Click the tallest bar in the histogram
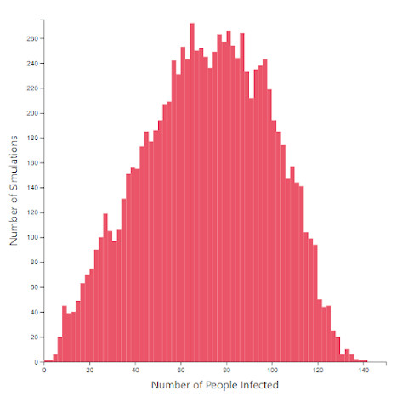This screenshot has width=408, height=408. point(192,192)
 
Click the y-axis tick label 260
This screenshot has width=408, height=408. point(32,38)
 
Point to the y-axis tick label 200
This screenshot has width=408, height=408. point(32,113)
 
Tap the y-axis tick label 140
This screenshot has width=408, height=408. point(32,188)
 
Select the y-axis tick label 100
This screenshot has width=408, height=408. point(32,237)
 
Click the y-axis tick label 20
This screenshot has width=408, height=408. point(34,337)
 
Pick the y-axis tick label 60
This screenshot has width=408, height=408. point(34,287)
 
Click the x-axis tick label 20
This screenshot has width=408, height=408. point(90,371)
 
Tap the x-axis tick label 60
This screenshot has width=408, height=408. point(181,371)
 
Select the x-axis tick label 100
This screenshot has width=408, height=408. point(272,371)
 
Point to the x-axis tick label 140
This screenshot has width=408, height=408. point(364,371)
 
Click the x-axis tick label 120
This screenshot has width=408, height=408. point(318,371)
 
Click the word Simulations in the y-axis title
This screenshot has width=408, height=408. point(14,163)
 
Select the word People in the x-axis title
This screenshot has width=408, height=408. point(222,386)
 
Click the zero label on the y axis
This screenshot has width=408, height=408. point(36,362)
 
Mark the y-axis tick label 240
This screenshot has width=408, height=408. point(32,64)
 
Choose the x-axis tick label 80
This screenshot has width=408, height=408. point(227,371)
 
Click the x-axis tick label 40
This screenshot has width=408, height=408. point(135,371)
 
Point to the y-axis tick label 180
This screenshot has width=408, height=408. point(32,138)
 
